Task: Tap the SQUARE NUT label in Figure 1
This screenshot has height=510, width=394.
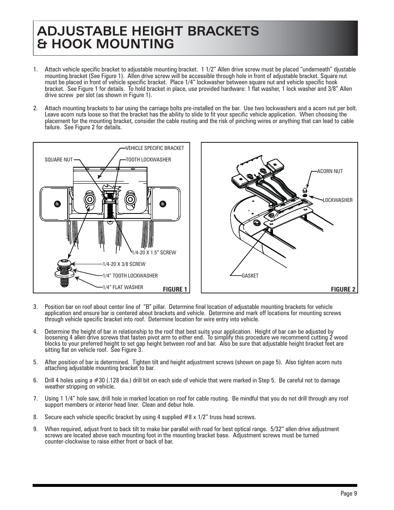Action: [58, 160]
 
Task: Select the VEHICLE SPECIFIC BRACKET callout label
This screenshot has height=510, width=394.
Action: [154, 148]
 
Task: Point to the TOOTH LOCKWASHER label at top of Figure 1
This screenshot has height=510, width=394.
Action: [148, 160]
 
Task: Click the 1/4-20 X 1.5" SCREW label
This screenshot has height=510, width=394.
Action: [154, 253]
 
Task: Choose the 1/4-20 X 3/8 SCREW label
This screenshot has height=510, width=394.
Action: [124, 264]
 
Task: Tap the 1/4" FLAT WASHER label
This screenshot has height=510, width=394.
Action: [123, 287]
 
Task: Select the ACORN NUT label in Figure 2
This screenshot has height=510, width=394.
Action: [330, 171]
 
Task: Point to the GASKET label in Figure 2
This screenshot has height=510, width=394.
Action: [250, 276]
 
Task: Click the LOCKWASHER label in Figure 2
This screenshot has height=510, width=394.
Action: [337, 200]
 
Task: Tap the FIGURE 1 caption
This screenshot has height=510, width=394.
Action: [175, 289]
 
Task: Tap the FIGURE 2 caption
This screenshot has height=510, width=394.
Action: [343, 289]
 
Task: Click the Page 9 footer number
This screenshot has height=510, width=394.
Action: [349, 494]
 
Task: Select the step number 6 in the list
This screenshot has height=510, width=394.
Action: [36, 380]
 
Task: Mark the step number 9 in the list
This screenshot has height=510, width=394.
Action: [36, 429]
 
